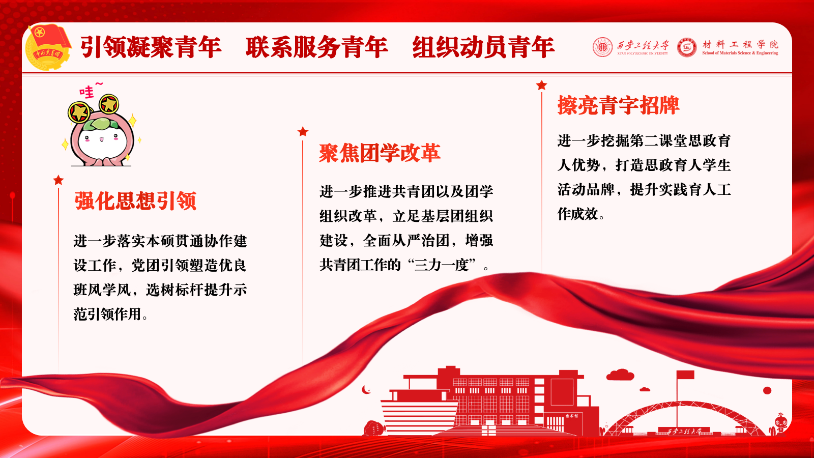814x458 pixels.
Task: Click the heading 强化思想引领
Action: (x=135, y=201)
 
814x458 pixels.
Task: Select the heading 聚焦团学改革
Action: (x=380, y=153)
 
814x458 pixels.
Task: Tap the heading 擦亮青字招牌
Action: (x=619, y=105)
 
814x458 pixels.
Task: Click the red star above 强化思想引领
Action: (x=58, y=180)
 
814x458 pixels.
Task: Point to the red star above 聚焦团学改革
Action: (x=303, y=132)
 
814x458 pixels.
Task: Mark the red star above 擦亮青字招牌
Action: (x=541, y=85)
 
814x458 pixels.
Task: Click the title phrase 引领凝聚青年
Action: (x=151, y=47)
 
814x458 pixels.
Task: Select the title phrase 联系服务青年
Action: (x=317, y=47)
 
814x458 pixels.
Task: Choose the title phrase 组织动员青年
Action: (x=483, y=47)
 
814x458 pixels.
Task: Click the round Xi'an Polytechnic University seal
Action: (x=602, y=47)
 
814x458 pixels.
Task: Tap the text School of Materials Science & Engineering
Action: (x=740, y=53)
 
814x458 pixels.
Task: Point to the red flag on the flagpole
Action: (x=685, y=375)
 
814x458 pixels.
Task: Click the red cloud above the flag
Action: (x=620, y=375)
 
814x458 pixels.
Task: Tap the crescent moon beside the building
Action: (x=366, y=390)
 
